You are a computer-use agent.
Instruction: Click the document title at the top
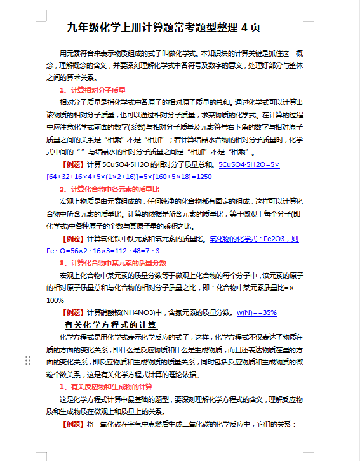pyautogui.click(x=163, y=29)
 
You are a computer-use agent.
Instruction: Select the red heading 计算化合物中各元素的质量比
pyautogui.click(x=114, y=189)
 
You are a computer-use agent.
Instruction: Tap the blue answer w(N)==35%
pyautogui.click(x=257, y=312)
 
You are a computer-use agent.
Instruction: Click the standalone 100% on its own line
pyautogui.click(x=55, y=300)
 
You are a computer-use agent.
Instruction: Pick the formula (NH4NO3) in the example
pyautogui.click(x=139, y=312)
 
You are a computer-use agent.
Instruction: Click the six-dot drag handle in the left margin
pyautogui.click(x=28, y=361)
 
